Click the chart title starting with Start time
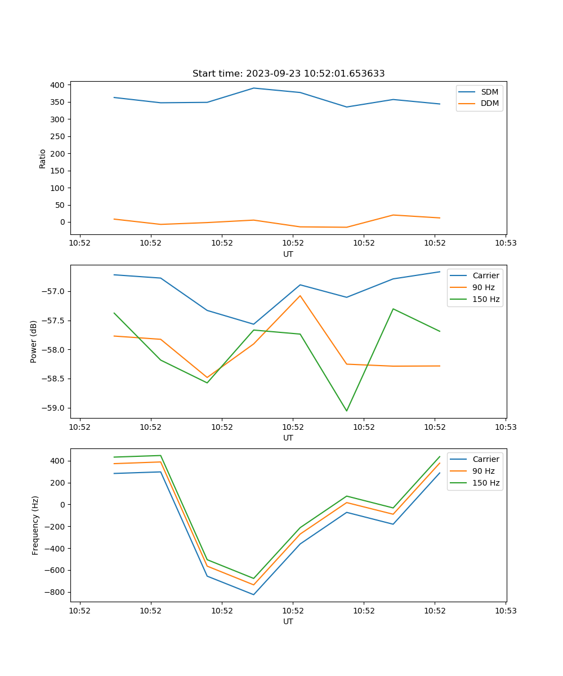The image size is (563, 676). (288, 74)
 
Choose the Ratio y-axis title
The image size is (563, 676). (43, 159)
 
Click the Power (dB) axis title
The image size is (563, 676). (34, 341)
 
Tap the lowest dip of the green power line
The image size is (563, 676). (346, 411)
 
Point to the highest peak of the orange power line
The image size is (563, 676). (300, 296)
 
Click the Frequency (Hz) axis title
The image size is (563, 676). (35, 525)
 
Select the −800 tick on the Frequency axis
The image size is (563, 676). (55, 592)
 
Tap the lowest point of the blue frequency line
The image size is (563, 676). (253, 594)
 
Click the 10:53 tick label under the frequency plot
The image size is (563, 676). (505, 610)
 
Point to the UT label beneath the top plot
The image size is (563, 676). (288, 254)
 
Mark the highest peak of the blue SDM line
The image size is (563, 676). (253, 88)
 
